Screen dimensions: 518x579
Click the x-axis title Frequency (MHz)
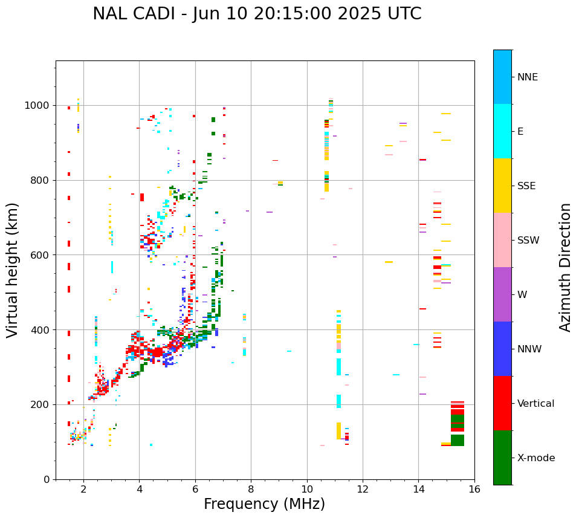[264, 504]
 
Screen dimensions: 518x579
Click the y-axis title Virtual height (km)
[13, 270]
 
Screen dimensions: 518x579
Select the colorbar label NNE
[527, 77]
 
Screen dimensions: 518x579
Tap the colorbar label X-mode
[535, 458]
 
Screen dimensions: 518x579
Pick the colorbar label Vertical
[535, 404]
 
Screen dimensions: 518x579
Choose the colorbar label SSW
[528, 241]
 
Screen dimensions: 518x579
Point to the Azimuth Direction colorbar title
[565, 267]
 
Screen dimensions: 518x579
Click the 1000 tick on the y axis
[39, 106]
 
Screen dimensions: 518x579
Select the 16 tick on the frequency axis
[474, 489]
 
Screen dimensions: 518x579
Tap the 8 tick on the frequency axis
[251, 489]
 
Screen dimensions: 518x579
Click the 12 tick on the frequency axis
[363, 489]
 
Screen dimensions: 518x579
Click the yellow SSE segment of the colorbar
[502, 186]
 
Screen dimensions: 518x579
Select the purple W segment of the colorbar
[502, 294]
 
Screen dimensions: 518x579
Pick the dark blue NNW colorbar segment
[502, 349]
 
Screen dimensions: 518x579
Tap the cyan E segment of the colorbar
[502, 131]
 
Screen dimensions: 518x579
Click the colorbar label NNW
[529, 349]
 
